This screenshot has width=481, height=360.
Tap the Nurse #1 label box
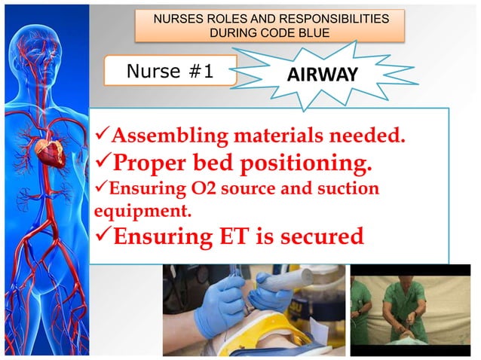pyautogui.click(x=170, y=71)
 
